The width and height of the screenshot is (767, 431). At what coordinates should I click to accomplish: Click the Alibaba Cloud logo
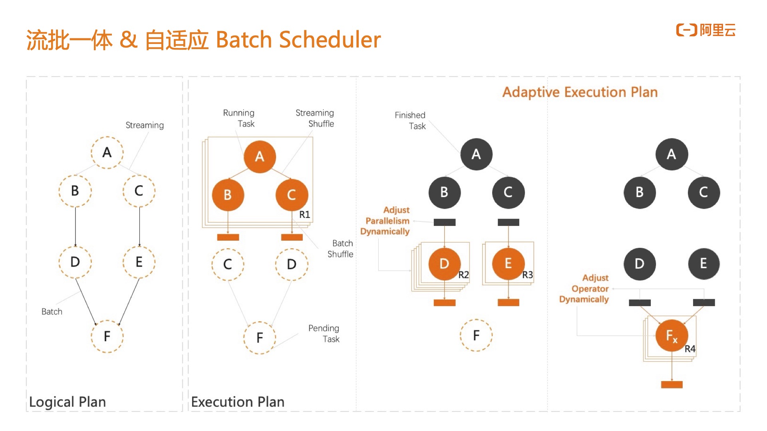(705, 30)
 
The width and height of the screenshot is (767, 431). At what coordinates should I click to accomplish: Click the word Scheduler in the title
(330, 40)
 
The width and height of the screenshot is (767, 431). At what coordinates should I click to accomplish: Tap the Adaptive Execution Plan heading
(580, 92)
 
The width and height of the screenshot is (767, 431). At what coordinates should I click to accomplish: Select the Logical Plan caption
(68, 401)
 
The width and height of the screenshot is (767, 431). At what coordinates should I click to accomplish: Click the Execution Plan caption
(238, 401)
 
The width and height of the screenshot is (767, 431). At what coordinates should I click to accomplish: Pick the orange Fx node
(672, 336)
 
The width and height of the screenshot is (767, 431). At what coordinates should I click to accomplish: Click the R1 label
(304, 215)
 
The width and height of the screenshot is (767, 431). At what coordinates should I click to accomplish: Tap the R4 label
(690, 349)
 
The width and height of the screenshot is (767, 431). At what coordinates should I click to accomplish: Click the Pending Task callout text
(324, 334)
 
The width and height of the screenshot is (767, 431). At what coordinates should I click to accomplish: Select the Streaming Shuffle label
(315, 118)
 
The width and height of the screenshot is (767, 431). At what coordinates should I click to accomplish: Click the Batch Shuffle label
(341, 249)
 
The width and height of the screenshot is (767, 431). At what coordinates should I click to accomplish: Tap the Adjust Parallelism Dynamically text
(385, 221)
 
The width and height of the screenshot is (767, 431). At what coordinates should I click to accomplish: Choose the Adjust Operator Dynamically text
(584, 289)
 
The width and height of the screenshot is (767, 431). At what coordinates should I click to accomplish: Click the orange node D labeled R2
(444, 264)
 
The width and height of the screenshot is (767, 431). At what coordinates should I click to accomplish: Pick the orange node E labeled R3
(508, 264)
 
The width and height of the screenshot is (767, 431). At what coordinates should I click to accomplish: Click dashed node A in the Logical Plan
(107, 152)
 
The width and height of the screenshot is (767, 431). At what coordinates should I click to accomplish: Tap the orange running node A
(260, 156)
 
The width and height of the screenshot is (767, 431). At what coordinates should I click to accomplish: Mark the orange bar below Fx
(672, 385)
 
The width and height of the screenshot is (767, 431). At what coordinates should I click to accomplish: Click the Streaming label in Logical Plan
(145, 125)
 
